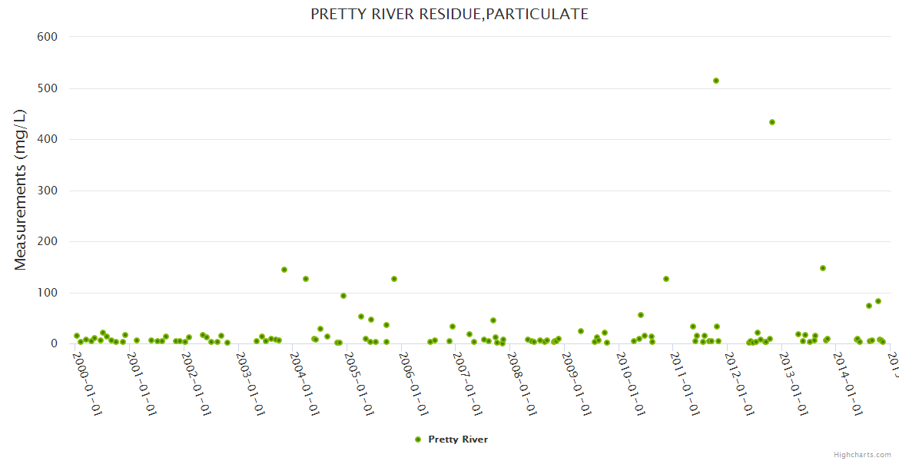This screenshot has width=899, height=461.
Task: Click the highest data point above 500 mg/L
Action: point(716,81)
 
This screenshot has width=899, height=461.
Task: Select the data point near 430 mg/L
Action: point(772,122)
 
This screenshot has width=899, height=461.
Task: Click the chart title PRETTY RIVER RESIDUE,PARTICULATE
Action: point(449,14)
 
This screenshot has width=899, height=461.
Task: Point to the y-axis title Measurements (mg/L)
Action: point(21,189)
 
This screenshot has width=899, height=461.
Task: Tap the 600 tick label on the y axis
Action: point(48,36)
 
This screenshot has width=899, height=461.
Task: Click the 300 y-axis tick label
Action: point(48,191)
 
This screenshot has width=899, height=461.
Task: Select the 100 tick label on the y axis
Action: point(48,293)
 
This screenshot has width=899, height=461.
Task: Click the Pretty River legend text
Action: point(458,439)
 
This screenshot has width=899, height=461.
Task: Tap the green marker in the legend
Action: point(418,439)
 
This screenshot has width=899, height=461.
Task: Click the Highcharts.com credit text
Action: point(863,454)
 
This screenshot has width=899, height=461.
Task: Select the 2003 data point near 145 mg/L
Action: point(284,270)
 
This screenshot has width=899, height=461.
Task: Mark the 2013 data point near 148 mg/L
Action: point(823,268)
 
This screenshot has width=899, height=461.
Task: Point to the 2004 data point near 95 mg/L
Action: point(343,296)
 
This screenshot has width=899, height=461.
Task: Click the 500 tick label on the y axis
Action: point(48,88)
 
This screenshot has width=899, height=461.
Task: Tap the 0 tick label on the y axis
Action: point(55,344)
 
